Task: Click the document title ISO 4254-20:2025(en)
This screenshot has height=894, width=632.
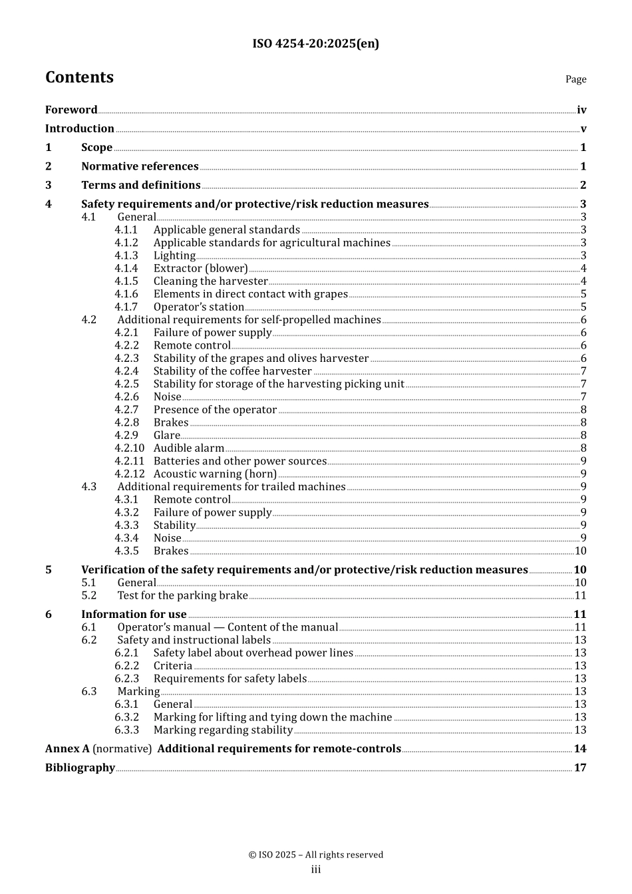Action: click(x=315, y=44)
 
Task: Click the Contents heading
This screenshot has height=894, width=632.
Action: click(x=79, y=77)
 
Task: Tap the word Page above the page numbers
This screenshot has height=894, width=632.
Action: click(x=575, y=79)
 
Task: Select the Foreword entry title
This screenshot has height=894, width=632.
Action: click(x=71, y=110)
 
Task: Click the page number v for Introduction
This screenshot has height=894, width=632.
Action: click(x=583, y=129)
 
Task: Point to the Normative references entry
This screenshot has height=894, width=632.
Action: click(x=140, y=166)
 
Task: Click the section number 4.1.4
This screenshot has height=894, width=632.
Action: click(x=126, y=269)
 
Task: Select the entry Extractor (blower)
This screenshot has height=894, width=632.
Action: click(x=200, y=269)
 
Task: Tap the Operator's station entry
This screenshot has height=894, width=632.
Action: click(x=198, y=307)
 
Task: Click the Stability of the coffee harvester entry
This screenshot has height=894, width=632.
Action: click(x=232, y=371)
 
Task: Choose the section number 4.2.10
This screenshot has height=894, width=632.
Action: click(x=129, y=448)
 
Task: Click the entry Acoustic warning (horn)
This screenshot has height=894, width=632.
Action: click(x=215, y=474)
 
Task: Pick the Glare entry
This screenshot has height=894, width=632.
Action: click(x=166, y=436)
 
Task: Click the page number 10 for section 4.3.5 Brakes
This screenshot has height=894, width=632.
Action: click(x=581, y=551)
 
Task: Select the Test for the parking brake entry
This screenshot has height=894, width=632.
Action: click(x=182, y=596)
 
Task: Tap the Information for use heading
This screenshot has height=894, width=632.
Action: click(x=134, y=615)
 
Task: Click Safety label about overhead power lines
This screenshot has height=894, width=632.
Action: click(x=253, y=653)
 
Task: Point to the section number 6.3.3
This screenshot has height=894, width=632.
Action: click(x=126, y=730)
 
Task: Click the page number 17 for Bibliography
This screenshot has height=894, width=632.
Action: click(x=580, y=768)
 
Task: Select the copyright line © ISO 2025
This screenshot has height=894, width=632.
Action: click(x=315, y=855)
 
